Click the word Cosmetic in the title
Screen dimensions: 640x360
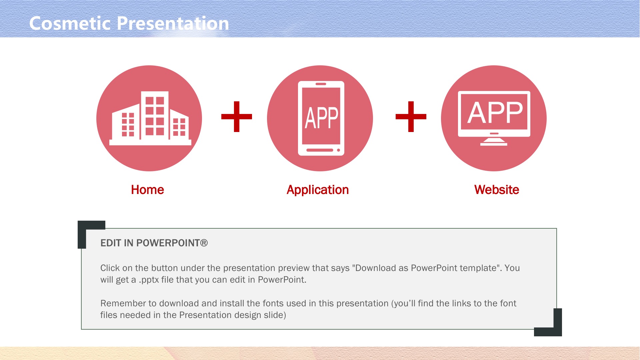point(70,23)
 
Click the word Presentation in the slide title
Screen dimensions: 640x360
point(173,23)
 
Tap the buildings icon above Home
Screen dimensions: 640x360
point(150,118)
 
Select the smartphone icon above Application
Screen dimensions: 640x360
point(321,118)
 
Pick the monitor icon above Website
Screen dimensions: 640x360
point(494,118)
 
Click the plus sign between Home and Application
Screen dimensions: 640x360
point(237,117)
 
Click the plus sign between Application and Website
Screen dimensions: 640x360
point(411,117)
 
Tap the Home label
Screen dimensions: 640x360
point(147,190)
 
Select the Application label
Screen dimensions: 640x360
point(318,190)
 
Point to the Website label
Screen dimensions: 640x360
point(497,190)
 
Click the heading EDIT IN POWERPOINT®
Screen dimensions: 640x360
point(154,243)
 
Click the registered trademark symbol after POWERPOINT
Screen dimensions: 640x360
point(204,243)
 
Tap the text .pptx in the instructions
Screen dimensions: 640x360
point(149,280)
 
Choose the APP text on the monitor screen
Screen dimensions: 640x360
point(495,112)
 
